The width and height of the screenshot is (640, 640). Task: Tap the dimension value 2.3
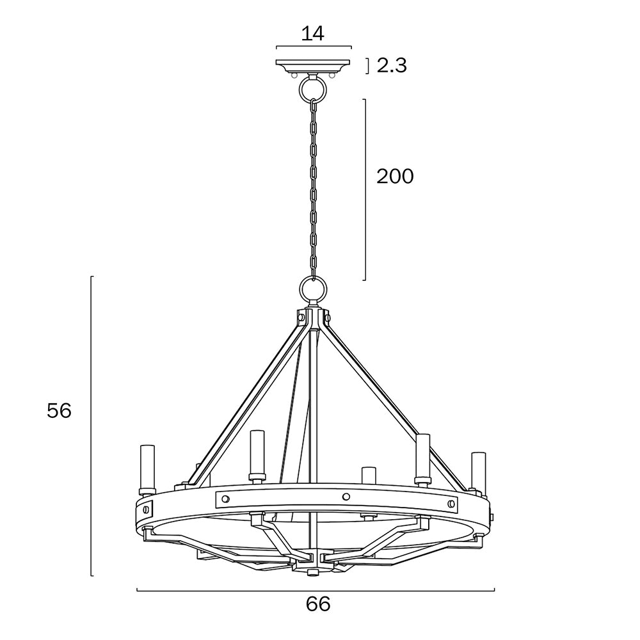(x=392, y=66)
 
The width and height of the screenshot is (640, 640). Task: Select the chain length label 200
(x=395, y=177)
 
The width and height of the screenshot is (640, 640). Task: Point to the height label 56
(x=59, y=411)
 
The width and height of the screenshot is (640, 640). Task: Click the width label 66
(x=318, y=604)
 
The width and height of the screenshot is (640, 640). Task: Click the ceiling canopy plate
(x=314, y=67)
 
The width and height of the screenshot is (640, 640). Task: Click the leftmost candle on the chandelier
(x=147, y=469)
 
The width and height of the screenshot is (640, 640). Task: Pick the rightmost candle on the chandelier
(x=478, y=473)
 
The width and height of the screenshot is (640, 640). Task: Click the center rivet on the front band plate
(x=346, y=497)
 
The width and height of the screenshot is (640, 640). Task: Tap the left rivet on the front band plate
(x=225, y=499)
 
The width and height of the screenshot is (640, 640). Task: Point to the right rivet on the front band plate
(x=451, y=502)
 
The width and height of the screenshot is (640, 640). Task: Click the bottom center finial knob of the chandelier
(x=313, y=572)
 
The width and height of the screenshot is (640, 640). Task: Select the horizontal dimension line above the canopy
(x=314, y=47)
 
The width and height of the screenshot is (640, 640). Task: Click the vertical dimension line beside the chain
(x=365, y=190)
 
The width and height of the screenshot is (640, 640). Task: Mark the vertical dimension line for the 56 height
(x=92, y=426)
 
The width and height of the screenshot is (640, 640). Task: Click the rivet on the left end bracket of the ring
(x=145, y=509)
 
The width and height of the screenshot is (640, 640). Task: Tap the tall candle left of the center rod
(x=257, y=454)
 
